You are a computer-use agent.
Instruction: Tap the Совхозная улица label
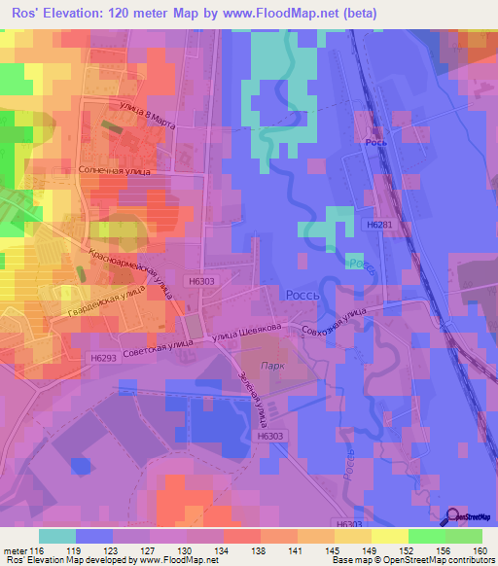tap(334, 322)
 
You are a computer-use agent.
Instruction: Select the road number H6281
tap(380, 224)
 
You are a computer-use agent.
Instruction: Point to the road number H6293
tap(102, 358)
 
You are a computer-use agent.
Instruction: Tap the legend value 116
tap(40, 550)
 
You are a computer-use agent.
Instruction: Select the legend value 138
tap(260, 550)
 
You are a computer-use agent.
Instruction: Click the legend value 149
tap(367, 550)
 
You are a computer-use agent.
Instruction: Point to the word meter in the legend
tap(15, 550)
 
